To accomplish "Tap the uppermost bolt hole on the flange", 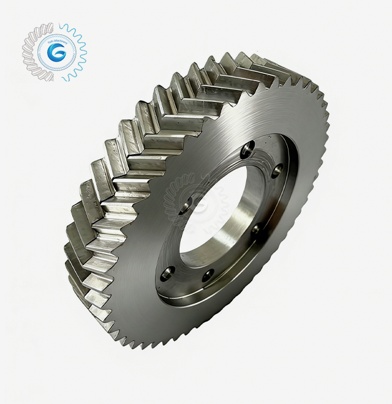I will click(x=248, y=147).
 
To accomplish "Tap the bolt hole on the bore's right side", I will click(x=256, y=230).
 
